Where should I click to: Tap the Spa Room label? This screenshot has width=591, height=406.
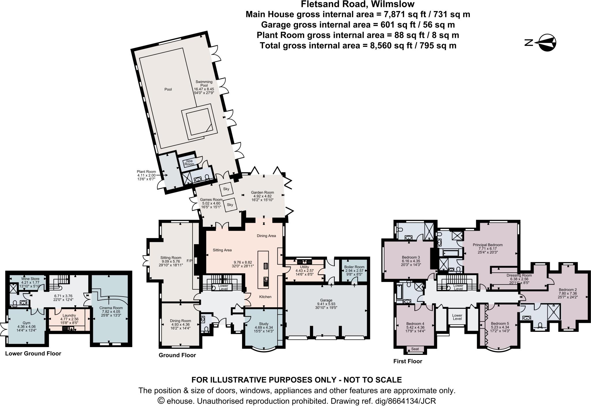coord(189,162)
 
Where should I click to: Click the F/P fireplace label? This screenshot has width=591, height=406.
coord(189,261)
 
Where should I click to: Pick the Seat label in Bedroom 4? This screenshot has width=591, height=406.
coord(415,349)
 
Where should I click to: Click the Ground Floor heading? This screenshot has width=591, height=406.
coord(177,355)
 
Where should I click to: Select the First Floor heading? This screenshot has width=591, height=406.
coord(408,361)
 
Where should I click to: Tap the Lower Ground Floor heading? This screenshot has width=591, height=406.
coord(33,353)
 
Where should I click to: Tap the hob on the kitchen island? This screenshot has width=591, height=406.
coord(265,266)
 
